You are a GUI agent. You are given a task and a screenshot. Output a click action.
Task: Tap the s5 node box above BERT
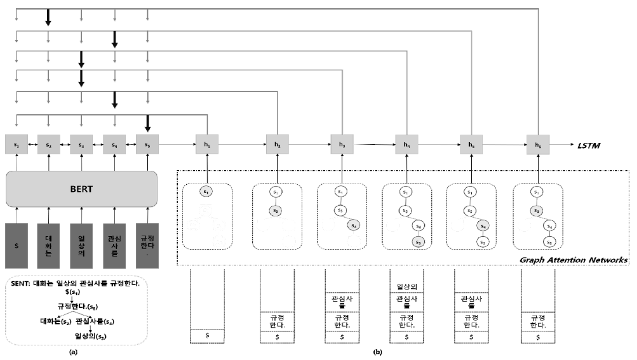pyautogui.click(x=147, y=145)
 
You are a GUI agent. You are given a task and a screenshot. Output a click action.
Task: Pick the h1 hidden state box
pyautogui.click(x=207, y=145)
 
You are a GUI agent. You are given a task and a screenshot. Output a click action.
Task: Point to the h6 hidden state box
pyautogui.click(x=538, y=145)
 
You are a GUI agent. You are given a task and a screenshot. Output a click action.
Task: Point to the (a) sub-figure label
pyautogui.click(x=73, y=351)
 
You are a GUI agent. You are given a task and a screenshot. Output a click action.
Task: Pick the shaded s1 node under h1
pyautogui.click(x=207, y=191)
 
